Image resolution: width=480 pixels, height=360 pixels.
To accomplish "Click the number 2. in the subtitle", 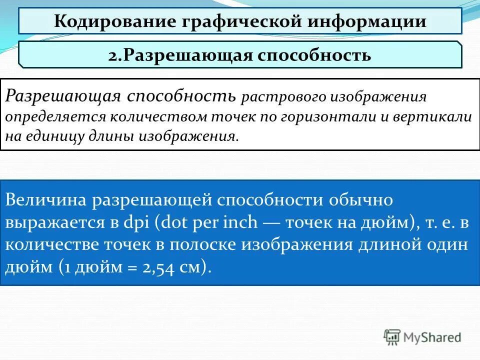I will (x=115, y=55).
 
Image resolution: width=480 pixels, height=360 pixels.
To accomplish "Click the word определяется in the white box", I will (x=55, y=117).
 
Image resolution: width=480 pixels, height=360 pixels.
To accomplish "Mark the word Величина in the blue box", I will (x=45, y=200).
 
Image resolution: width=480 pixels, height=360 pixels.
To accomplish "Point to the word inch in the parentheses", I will (x=242, y=223).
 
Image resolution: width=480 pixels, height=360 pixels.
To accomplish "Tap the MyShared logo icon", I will (x=392, y=337).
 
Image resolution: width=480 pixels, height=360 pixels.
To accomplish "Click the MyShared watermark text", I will (x=432, y=337).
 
